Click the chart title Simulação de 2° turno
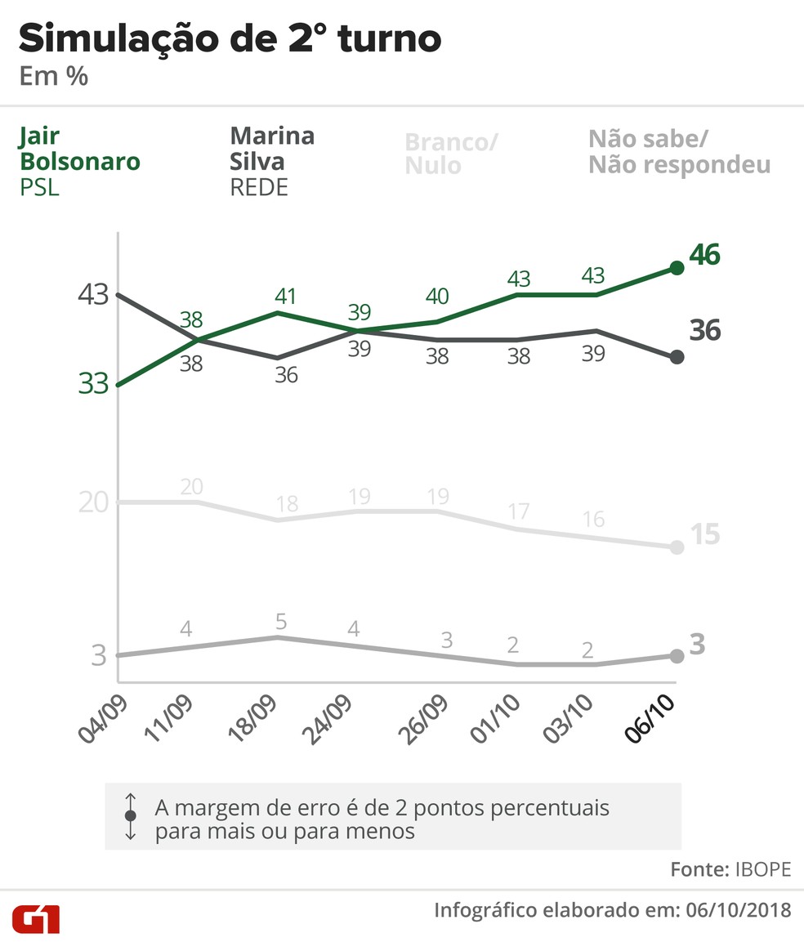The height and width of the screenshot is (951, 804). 230,39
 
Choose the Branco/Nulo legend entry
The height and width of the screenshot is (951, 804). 450,154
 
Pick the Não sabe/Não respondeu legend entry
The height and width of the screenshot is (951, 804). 679,152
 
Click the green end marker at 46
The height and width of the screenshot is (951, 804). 677,267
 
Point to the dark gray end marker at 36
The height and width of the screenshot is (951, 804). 677,357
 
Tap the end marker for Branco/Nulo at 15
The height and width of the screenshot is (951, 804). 677,547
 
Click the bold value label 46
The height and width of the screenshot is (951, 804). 704,255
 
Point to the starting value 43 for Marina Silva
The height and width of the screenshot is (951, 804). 94,294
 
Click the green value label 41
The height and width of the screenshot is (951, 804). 284,296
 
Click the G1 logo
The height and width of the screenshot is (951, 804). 36,919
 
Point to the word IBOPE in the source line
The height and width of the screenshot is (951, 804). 762,869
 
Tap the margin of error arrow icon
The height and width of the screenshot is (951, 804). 130,815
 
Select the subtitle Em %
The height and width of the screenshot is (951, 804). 53,78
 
